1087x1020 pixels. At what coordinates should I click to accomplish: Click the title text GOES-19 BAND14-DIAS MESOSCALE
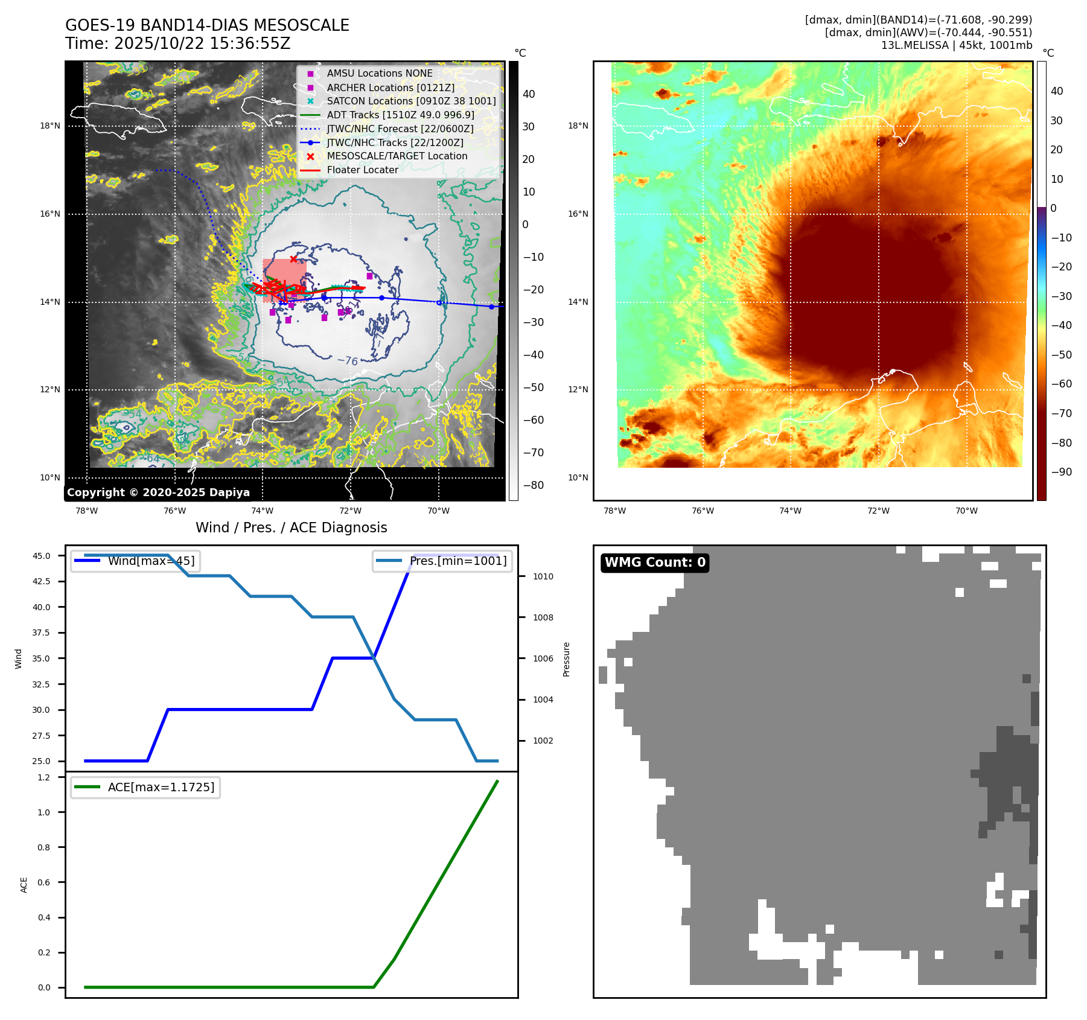(x=207, y=25)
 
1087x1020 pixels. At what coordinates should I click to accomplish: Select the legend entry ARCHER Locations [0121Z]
(x=390, y=88)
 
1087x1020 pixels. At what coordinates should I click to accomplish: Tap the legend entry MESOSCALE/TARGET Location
(x=397, y=156)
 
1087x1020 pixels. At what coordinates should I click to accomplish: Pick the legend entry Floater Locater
(x=362, y=170)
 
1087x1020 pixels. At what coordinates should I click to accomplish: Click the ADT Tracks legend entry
(x=400, y=115)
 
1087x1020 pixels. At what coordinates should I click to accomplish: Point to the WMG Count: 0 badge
(x=655, y=563)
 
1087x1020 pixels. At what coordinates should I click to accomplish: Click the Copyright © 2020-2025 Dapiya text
(x=158, y=492)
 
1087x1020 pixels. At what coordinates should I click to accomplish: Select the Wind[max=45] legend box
(x=136, y=561)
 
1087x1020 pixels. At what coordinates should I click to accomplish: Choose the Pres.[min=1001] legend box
(x=442, y=561)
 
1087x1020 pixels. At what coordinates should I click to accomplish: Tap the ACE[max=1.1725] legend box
(x=145, y=787)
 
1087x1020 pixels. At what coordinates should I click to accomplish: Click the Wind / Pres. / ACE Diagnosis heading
(x=291, y=528)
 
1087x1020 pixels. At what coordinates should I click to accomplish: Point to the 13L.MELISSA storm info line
(x=956, y=45)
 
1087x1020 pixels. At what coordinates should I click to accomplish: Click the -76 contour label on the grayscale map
(x=348, y=361)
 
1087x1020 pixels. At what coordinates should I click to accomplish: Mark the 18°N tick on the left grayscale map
(x=50, y=126)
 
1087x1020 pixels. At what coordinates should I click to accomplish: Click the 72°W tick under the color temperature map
(x=878, y=511)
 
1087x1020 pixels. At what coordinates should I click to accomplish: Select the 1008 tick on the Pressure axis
(x=543, y=617)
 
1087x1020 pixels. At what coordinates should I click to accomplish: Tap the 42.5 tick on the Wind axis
(x=42, y=581)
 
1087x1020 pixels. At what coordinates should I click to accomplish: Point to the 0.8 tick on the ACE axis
(x=44, y=847)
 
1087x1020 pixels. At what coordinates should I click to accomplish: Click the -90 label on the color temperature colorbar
(x=1061, y=472)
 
